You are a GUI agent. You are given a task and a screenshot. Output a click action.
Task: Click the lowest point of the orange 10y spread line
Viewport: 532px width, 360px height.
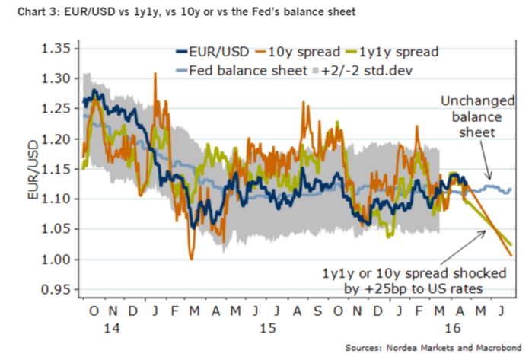[191, 260]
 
